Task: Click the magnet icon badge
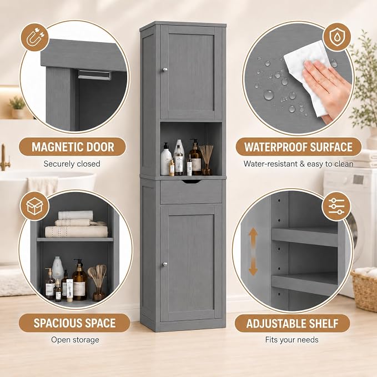35,37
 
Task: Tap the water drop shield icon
336,37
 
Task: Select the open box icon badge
35,206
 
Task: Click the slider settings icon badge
336,206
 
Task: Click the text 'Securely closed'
72,164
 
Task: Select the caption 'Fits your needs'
291,339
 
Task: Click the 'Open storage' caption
75,340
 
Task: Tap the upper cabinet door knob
164,70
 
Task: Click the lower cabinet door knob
164,264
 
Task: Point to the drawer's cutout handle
190,182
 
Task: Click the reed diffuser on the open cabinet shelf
207,160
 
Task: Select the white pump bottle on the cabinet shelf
166,159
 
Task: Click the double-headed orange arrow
253,252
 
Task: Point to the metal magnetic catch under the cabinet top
94,75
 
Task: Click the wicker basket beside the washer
364,289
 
